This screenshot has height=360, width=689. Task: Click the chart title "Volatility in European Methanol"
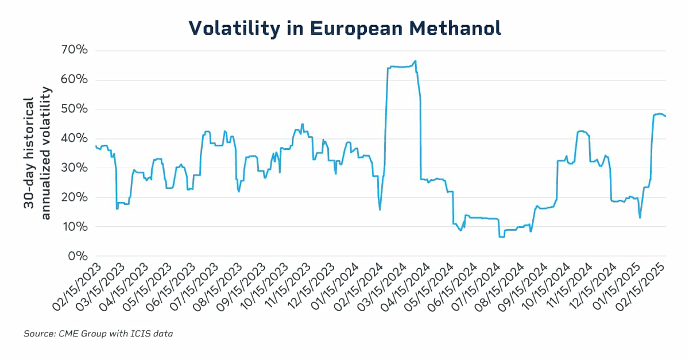pyautogui.click(x=344, y=28)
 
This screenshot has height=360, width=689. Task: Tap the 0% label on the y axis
pyautogui.click(x=79, y=256)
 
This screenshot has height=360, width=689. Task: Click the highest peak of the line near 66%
pyautogui.click(x=415, y=61)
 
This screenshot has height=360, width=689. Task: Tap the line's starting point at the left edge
pyautogui.click(x=95, y=146)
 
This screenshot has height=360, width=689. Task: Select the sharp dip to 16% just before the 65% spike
pyautogui.click(x=380, y=209)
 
